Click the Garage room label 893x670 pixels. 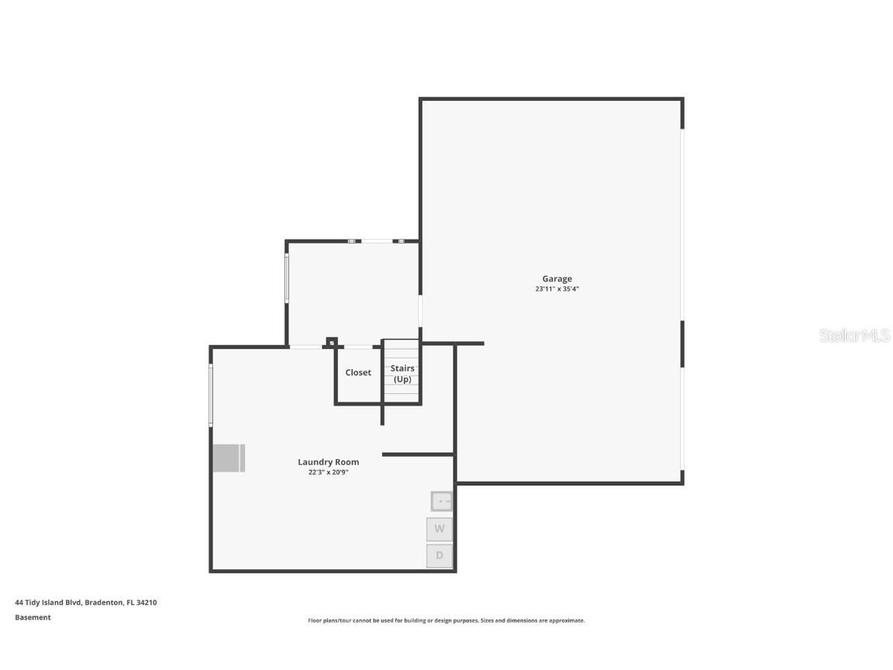[x=557, y=278]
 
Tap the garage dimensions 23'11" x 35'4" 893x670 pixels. [x=557, y=288]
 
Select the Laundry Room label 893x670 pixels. [x=329, y=462]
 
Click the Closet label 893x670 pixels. [x=358, y=372]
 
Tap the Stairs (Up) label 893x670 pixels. [x=402, y=374]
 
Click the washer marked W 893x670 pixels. [x=440, y=529]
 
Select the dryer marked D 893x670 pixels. [x=440, y=556]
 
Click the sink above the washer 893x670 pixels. [x=441, y=502]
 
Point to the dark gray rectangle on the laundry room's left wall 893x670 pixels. [x=229, y=458]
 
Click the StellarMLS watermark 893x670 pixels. [x=854, y=336]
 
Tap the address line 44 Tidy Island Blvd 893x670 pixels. [x=48, y=603]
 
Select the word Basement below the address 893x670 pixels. [x=33, y=617]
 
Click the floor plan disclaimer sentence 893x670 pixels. [x=446, y=620]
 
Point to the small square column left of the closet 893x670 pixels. [x=332, y=343]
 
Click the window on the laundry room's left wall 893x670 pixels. [x=211, y=395]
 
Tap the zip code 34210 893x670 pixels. [x=147, y=603]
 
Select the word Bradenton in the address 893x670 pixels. [x=104, y=603]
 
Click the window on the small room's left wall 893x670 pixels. [x=287, y=278]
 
